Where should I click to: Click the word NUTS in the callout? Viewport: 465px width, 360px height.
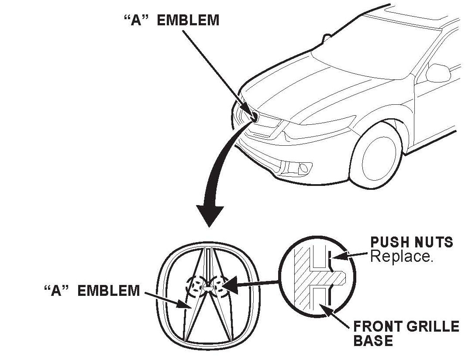(432, 242)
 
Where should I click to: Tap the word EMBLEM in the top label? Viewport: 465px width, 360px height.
(188, 21)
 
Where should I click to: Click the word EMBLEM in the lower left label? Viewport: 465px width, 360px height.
(108, 291)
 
